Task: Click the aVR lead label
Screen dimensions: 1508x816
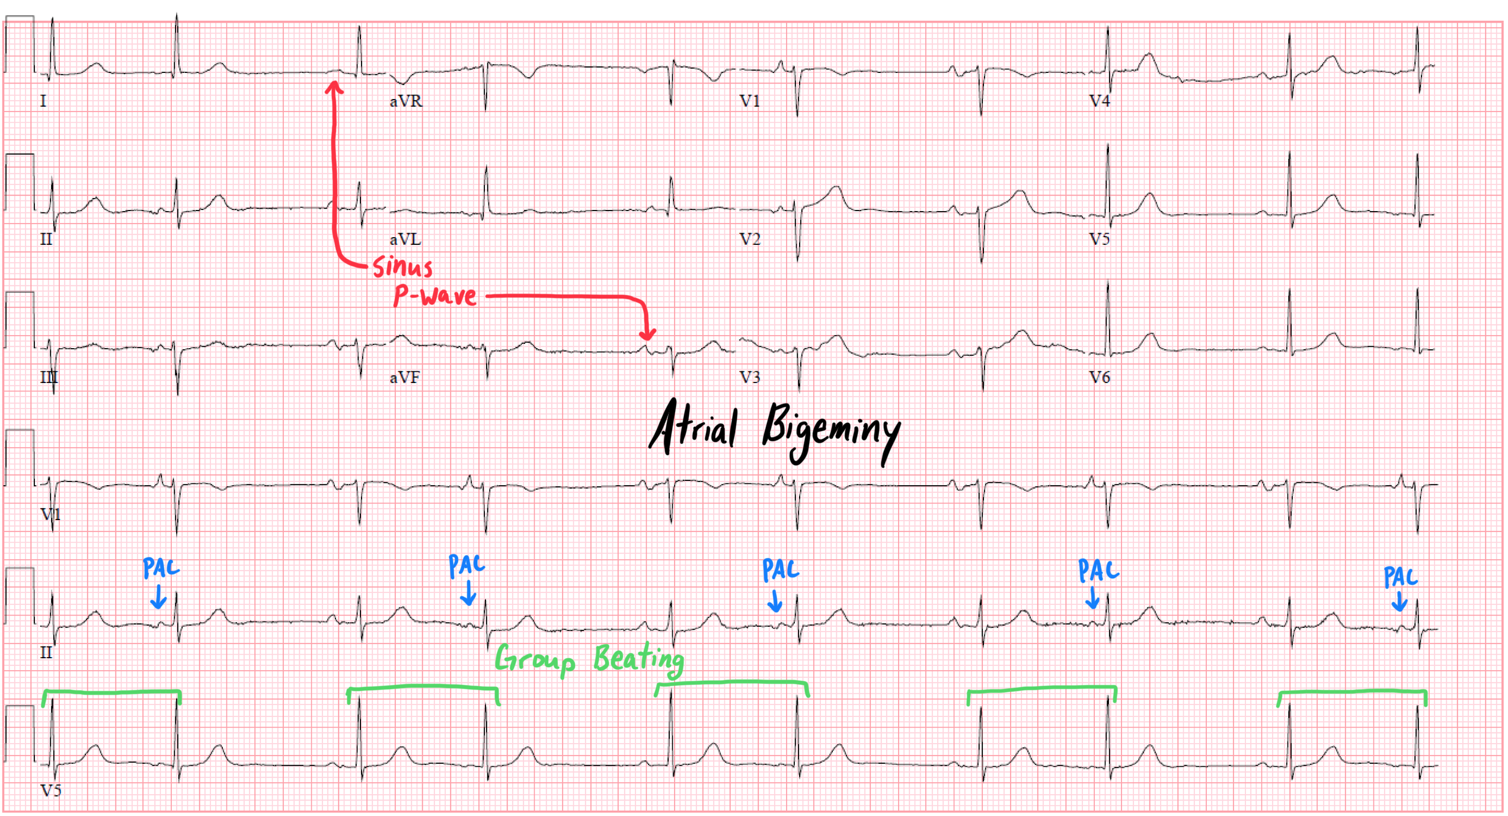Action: [x=406, y=101]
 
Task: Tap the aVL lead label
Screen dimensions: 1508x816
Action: [x=405, y=239]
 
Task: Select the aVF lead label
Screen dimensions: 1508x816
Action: [x=405, y=377]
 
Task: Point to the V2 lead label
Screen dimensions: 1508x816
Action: [x=750, y=239]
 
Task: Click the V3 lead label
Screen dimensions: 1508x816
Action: [x=750, y=377]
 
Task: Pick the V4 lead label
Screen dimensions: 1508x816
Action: [x=1100, y=101]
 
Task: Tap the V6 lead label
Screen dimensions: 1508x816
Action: [x=1100, y=377]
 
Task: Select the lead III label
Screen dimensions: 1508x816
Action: [x=49, y=377]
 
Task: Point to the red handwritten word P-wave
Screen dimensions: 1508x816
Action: [x=436, y=295]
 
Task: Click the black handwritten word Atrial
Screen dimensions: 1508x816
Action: [x=694, y=427]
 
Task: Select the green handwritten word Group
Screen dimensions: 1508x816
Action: [x=535, y=659]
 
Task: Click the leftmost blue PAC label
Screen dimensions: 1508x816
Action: [x=161, y=568]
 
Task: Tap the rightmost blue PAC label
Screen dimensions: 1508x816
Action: [x=1400, y=576]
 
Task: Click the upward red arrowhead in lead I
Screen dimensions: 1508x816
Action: [x=334, y=88]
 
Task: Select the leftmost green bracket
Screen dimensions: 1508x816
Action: [x=111, y=693]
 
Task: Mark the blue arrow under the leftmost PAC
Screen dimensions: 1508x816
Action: [x=158, y=598]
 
